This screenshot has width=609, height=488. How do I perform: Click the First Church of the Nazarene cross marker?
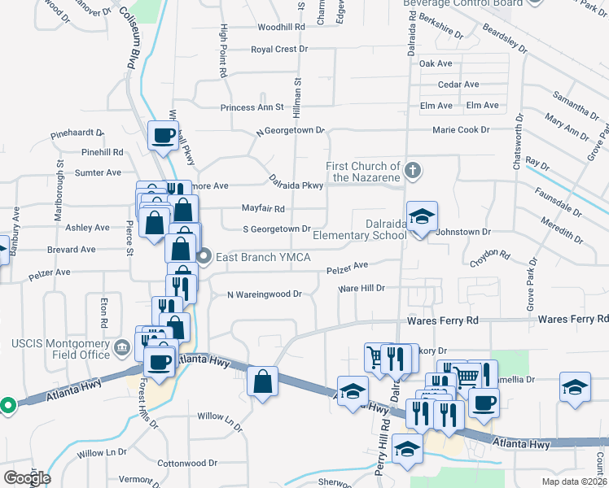413,170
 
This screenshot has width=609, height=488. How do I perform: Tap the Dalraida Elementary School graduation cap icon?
422,216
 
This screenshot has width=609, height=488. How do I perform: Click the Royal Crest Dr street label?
279,49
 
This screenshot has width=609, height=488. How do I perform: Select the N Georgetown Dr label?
290,130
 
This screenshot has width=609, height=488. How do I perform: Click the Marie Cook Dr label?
461,129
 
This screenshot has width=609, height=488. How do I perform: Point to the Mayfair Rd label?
263,208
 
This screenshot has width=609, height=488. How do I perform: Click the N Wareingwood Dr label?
264,294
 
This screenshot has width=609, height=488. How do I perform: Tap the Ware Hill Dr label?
361,288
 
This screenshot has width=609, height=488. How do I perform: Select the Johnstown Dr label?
458,232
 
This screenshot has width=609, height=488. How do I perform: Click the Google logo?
27,478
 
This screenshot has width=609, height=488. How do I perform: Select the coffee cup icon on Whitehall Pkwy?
163,133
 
